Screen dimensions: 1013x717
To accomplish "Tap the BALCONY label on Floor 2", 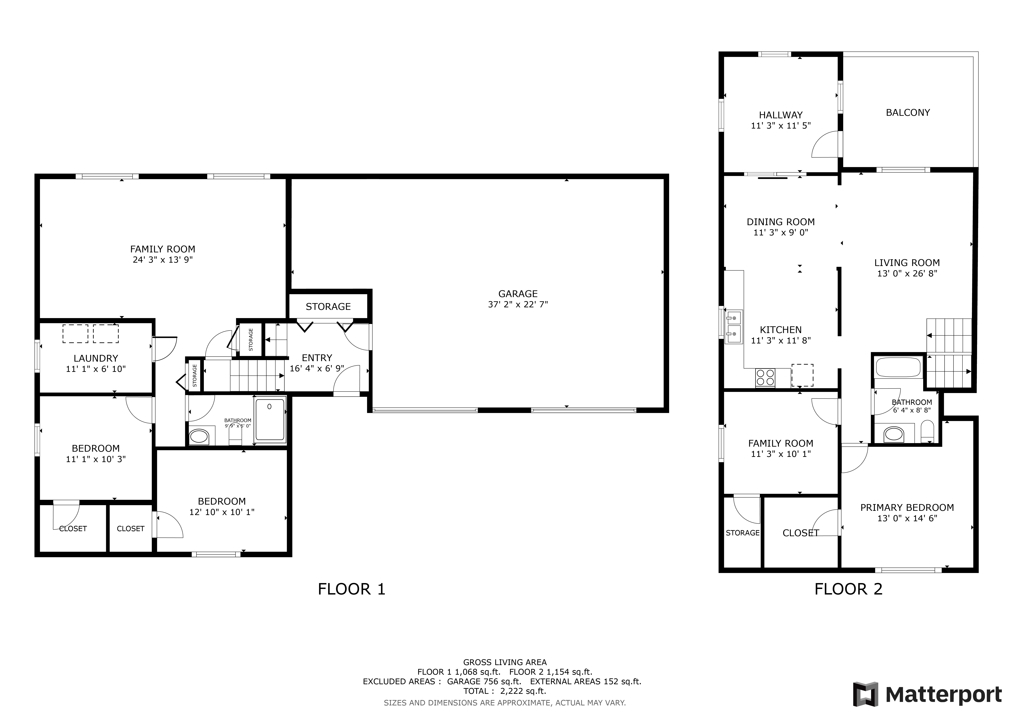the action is tap(908, 113).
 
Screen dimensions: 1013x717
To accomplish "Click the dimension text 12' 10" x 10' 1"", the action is tap(222, 512).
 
